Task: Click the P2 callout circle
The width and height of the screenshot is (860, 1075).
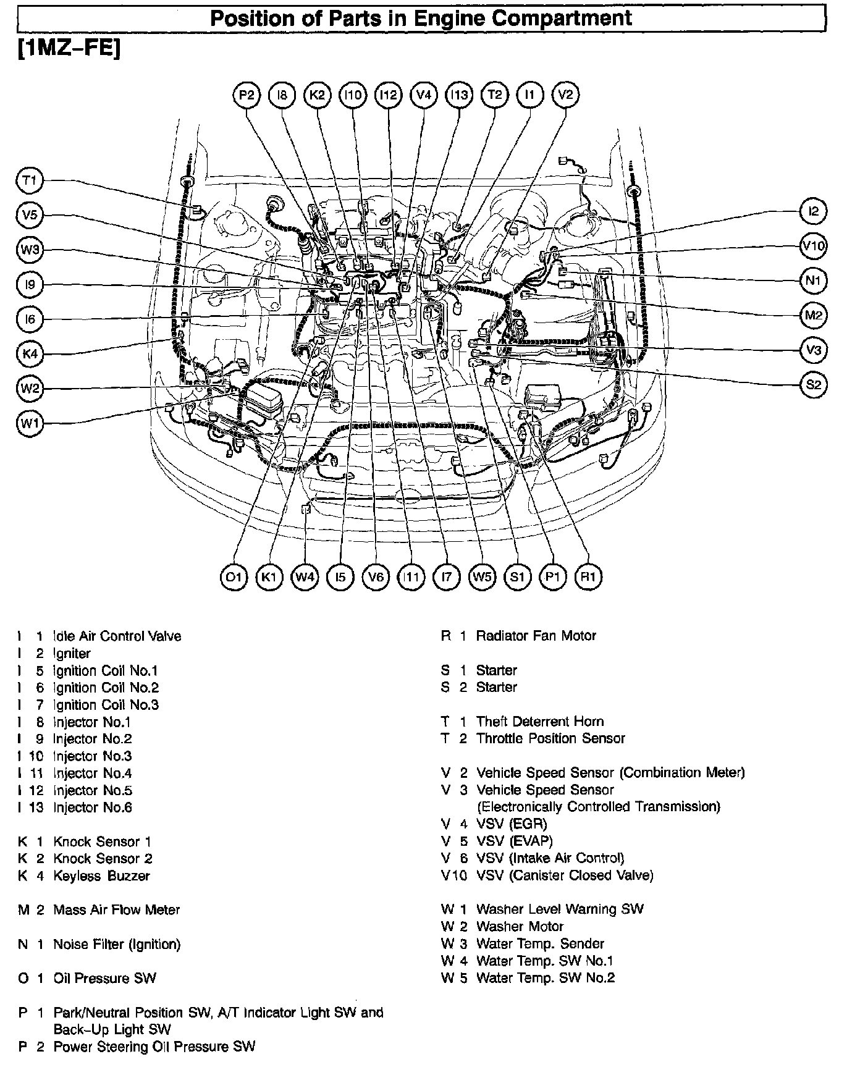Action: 247,95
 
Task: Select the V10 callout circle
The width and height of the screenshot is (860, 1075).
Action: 813,247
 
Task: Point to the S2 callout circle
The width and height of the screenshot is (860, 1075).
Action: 813,385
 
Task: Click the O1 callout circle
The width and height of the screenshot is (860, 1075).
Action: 234,578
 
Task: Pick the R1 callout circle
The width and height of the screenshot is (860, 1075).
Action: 588,578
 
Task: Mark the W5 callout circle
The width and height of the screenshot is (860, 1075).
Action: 482,578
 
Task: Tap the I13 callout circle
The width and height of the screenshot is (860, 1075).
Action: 459,95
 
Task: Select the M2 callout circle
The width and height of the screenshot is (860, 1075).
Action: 813,316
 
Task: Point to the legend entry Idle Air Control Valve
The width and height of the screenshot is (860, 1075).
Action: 117,636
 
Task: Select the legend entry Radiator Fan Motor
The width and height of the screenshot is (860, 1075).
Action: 536,636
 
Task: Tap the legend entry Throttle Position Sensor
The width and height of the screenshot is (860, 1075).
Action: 550,738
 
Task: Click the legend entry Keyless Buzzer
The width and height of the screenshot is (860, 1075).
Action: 101,875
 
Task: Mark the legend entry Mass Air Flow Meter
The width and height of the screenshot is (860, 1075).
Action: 116,910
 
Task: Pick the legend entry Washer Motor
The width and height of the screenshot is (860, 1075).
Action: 520,927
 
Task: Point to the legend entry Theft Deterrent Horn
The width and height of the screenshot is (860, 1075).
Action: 539,722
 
